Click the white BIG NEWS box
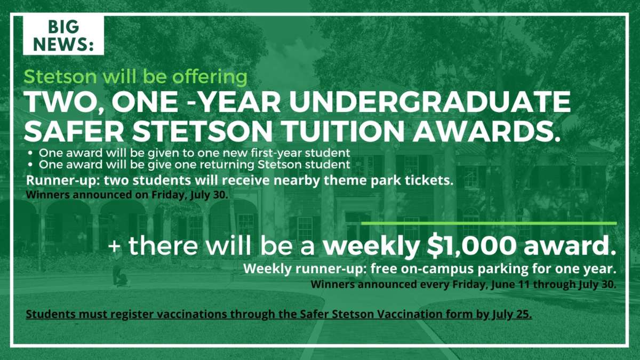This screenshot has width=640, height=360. (63, 35)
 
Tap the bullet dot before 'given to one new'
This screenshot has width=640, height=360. (30, 154)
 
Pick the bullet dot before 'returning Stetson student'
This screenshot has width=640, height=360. (30, 165)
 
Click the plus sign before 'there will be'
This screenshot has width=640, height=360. (115, 246)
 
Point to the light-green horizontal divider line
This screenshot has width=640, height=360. (489, 223)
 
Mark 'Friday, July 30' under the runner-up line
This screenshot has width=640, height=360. (189, 195)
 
